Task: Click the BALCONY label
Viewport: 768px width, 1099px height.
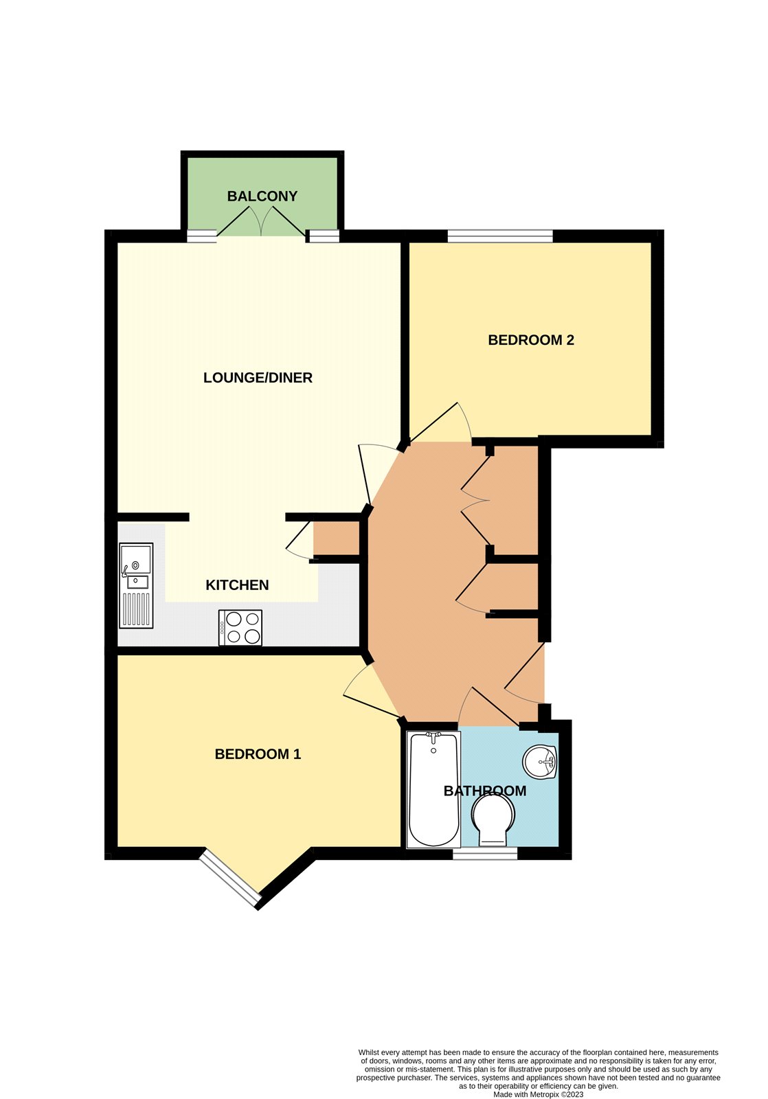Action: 262,196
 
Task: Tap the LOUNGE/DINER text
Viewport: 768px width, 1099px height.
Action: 258,378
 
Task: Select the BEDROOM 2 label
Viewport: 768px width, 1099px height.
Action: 531,340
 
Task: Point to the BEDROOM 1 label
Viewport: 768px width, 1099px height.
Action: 258,754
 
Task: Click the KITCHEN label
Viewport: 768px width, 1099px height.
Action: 237,585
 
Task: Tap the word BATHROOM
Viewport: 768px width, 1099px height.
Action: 485,791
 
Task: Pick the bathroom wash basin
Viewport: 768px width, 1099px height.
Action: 541,761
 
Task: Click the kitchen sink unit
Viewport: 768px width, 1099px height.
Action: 136,585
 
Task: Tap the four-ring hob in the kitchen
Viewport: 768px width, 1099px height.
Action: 240,628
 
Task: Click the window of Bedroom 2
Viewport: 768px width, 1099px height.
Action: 500,236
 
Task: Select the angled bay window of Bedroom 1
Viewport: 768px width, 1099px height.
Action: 230,879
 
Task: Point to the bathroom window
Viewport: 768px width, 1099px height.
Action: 485,854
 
